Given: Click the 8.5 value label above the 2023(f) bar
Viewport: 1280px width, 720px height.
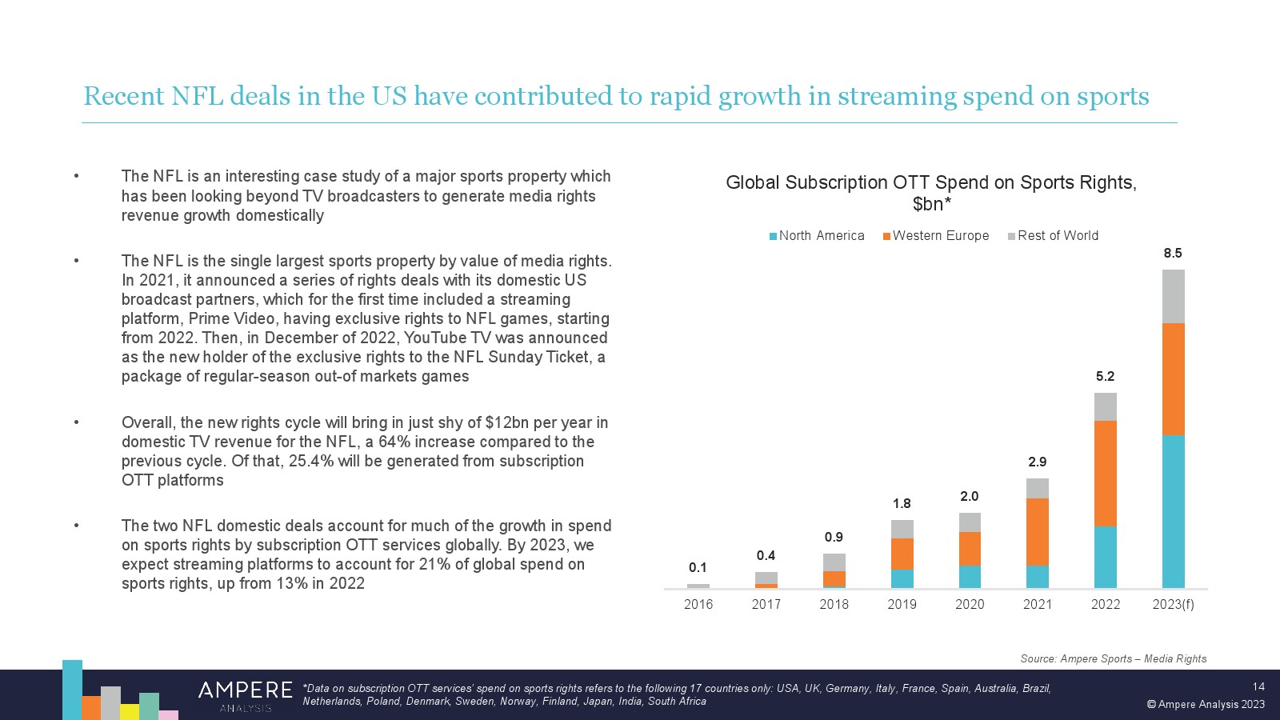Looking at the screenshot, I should point(1172,253).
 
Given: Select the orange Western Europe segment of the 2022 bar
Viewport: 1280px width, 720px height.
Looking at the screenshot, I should point(1105,473).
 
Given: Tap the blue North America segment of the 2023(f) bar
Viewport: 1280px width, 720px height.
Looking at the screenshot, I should point(1173,511).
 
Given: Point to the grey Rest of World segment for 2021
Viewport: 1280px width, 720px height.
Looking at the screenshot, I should point(1037,488).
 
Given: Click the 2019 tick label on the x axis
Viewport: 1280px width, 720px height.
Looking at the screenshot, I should point(902,604).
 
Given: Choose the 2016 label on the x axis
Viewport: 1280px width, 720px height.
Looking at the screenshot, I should point(698,604).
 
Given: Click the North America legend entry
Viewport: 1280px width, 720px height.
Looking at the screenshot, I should point(817,235).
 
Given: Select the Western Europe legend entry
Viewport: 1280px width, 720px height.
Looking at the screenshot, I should point(936,235).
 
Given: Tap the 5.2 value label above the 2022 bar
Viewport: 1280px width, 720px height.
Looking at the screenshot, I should point(1105,376).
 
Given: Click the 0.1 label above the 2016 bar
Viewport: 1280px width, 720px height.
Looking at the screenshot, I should point(698,567).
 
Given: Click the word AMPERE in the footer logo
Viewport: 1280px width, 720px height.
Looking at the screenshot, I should point(245,690).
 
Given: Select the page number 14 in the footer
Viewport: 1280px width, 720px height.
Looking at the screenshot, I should point(1258,686).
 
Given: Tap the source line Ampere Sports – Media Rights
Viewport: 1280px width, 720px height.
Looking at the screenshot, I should point(1113,658).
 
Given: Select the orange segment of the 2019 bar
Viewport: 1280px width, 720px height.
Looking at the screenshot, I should point(902,554).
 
